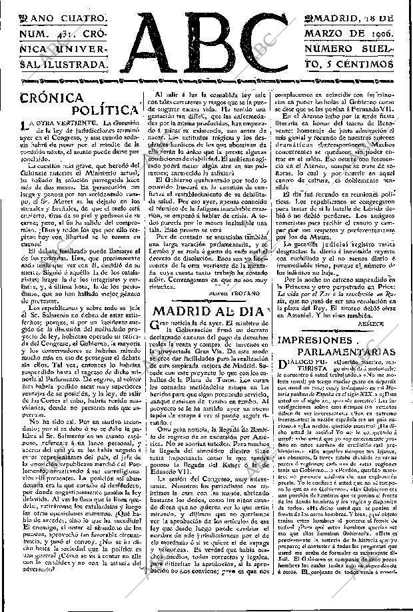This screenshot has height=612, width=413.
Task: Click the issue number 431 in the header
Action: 58,35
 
